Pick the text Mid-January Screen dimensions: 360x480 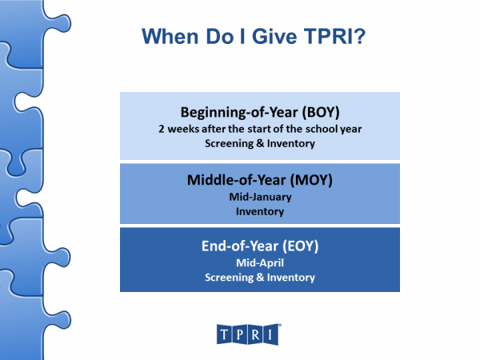260,197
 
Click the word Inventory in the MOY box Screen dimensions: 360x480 260,212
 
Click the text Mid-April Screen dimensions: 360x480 260,262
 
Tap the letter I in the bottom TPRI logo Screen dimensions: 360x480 272,333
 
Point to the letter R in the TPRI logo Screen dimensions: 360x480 257,333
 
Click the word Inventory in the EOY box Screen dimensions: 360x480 288,278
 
